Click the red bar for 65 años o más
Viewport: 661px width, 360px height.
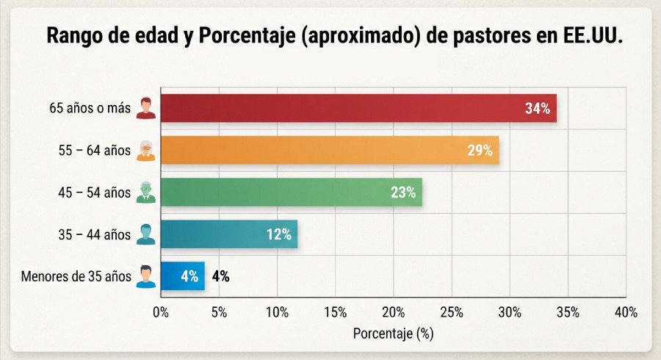(358, 108)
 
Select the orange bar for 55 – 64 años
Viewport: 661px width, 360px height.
(330, 150)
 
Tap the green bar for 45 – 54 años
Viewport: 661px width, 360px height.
(292, 192)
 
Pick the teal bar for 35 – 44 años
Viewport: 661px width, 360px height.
(229, 234)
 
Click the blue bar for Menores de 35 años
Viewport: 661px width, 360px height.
(183, 276)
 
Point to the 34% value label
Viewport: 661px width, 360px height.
(538, 109)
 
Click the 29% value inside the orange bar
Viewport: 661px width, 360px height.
(480, 151)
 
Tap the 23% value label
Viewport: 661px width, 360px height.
(403, 192)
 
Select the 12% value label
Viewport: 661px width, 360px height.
(278, 234)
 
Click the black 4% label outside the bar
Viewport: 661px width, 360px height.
(220, 276)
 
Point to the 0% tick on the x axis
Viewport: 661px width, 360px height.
(161, 312)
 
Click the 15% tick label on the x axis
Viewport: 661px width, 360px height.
(335, 312)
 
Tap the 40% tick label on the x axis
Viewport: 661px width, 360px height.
(626, 312)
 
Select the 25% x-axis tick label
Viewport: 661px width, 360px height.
(452, 312)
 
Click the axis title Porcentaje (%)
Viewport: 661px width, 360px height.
(394, 334)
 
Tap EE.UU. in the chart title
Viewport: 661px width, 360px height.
(593, 35)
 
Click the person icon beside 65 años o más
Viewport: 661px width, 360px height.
(146, 108)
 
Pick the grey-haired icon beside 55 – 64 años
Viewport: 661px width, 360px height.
(146, 151)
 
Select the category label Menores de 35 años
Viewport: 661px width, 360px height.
(76, 276)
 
